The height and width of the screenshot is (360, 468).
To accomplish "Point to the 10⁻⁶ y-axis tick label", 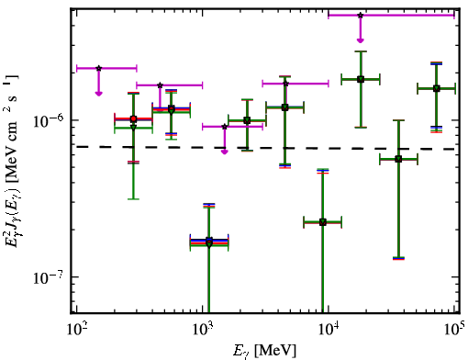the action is pos(47,121).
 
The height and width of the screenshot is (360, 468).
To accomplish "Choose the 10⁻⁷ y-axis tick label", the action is pos(47,277).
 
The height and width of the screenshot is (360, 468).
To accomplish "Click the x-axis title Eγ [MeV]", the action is pos(264,351).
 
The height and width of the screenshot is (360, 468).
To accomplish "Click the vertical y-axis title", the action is pos(13,160).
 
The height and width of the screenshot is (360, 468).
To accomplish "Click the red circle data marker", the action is pos(133,118).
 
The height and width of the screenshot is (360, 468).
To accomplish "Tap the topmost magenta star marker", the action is pos(361,15).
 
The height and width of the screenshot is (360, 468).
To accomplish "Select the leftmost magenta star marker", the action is pos(98,68).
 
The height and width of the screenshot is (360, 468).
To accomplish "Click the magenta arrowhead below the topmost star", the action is pos(361,40).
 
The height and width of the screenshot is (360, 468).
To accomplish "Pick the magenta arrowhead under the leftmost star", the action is pos(98,94).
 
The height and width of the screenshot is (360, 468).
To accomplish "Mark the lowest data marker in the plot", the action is pos(209,244).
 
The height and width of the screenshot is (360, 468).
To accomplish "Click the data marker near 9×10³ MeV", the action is pos(323,222).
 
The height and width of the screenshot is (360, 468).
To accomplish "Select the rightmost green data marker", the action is pos(437,89).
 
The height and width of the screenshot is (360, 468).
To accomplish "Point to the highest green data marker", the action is pos(361,80).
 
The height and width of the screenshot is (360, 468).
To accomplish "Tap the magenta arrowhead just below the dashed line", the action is pos(225,152).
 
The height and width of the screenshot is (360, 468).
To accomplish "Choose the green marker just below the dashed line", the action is pos(398,159).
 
